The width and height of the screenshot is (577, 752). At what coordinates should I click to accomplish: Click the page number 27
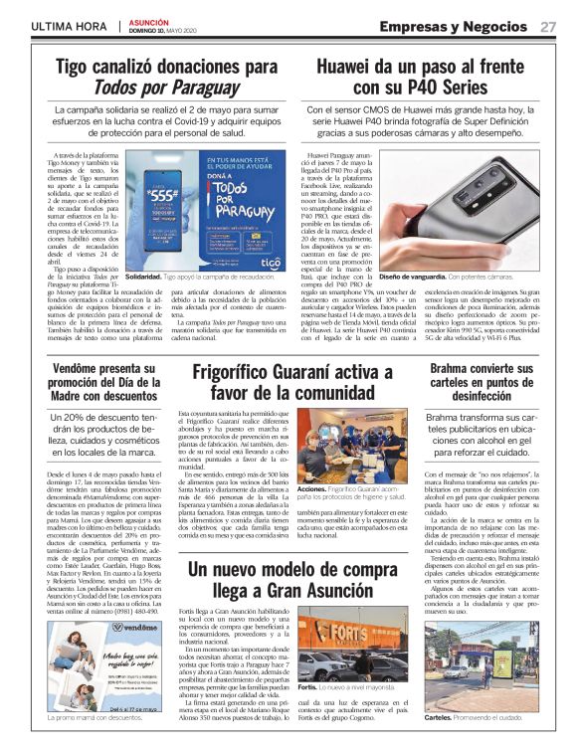548,27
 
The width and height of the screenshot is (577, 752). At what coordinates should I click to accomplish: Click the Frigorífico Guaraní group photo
352,448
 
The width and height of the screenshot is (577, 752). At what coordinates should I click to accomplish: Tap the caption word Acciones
311,491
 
